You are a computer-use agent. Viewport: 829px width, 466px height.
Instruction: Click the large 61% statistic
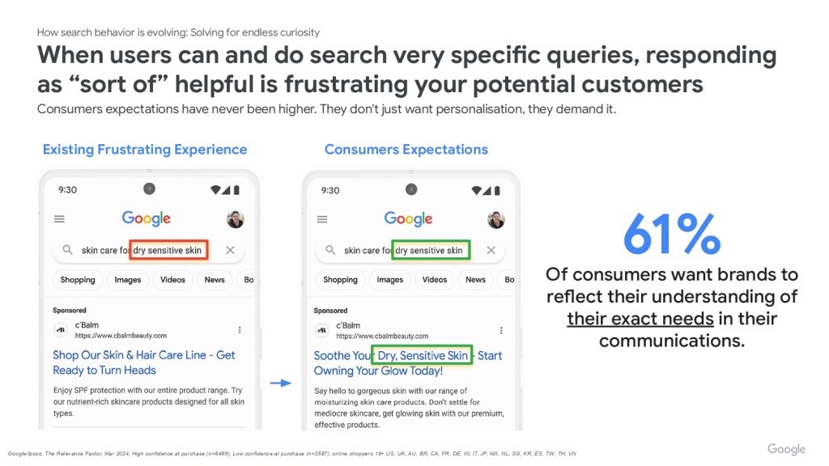point(671,234)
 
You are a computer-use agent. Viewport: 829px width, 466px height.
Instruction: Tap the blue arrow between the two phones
point(281,383)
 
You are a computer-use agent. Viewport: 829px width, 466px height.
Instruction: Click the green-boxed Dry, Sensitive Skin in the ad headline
point(422,356)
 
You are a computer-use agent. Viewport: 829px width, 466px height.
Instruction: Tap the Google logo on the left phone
point(147,218)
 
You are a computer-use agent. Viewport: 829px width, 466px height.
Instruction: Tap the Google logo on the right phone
point(408,218)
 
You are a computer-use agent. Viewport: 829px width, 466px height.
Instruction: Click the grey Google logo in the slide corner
point(786,449)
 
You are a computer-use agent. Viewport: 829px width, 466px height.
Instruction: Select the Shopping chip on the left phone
point(78,279)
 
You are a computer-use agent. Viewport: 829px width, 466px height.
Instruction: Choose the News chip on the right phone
point(475,279)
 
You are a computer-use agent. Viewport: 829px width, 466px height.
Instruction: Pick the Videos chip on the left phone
point(173,279)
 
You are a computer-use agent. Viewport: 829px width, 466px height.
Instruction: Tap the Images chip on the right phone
point(390,279)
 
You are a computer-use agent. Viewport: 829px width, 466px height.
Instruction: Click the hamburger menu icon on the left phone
point(59,218)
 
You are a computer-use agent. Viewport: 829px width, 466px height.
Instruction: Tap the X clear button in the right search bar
point(491,250)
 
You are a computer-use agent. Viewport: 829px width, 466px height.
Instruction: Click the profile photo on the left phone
point(236,218)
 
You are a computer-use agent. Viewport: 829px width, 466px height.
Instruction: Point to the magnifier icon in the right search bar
point(330,250)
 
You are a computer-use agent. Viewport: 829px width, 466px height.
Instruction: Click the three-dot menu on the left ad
point(240,330)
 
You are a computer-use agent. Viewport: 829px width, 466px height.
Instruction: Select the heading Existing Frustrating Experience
point(145,150)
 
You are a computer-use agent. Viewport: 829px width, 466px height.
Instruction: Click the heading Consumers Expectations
point(406,150)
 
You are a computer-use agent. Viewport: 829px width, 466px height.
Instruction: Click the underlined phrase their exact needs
point(640,319)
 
